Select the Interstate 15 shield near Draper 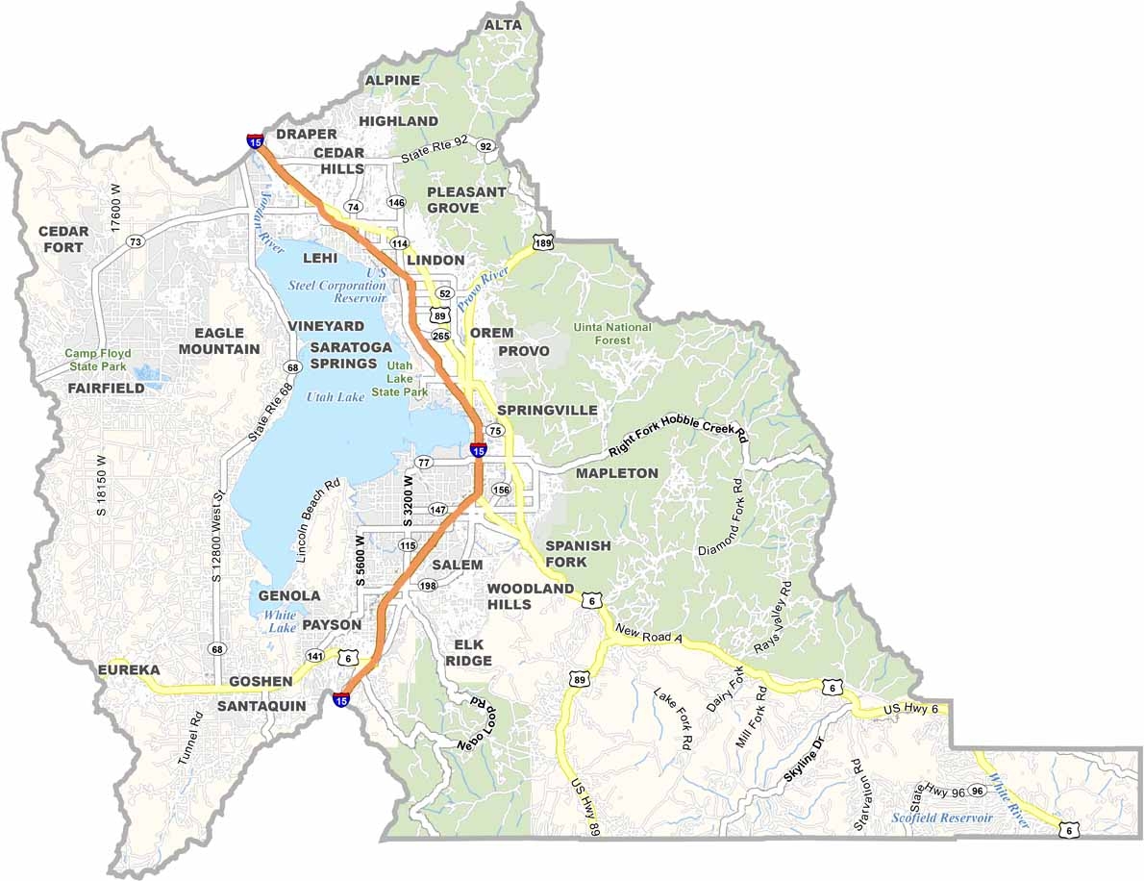pos(255,140)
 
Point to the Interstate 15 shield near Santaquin pos(341,699)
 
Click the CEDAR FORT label pos(63,239)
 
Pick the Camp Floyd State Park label pos(97,360)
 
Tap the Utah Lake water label pos(336,396)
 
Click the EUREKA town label pos(129,669)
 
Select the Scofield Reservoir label pos(940,818)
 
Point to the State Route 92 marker pos(486,146)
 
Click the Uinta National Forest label pos(612,334)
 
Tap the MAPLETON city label pos(616,473)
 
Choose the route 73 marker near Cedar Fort pos(135,241)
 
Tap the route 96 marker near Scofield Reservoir pos(977,791)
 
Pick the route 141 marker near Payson pos(315,656)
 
